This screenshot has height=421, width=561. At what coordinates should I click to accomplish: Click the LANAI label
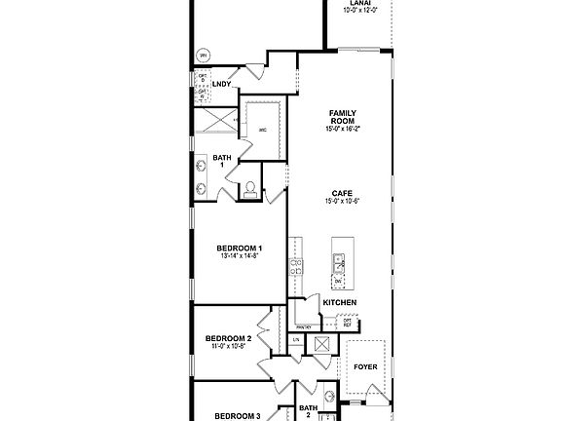point(360,3)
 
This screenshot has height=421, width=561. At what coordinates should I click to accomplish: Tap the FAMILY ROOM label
point(341,117)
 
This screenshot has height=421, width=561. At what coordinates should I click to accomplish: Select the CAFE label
point(341,194)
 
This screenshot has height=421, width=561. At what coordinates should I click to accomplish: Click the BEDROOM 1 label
point(239,249)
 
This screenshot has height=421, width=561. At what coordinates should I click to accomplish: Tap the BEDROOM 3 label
point(237,416)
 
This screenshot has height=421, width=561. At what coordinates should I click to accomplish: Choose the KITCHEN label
point(340,303)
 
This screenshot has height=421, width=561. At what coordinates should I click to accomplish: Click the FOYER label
point(365,367)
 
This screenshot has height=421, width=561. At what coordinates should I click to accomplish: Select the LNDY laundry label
point(221,85)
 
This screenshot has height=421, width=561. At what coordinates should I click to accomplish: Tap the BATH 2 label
point(309,411)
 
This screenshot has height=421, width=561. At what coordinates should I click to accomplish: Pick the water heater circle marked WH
point(204,56)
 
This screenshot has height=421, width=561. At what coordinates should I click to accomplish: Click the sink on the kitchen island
point(338,261)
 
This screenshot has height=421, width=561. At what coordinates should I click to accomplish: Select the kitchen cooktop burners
point(295,265)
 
